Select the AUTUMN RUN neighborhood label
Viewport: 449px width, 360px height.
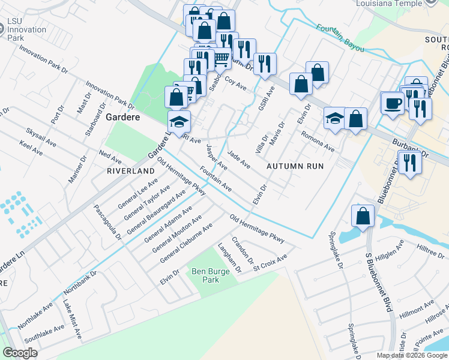[x=295, y=166]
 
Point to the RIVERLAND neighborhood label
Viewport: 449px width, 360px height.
[x=130, y=171]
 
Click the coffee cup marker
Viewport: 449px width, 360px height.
[x=393, y=102]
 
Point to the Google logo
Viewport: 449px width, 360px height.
[x=20, y=353]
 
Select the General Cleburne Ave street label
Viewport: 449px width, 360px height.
[x=186, y=244]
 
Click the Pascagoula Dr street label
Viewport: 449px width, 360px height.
[x=108, y=222]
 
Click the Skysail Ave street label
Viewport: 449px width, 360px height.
[x=41, y=135]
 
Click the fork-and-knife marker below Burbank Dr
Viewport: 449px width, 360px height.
[x=409, y=163]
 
